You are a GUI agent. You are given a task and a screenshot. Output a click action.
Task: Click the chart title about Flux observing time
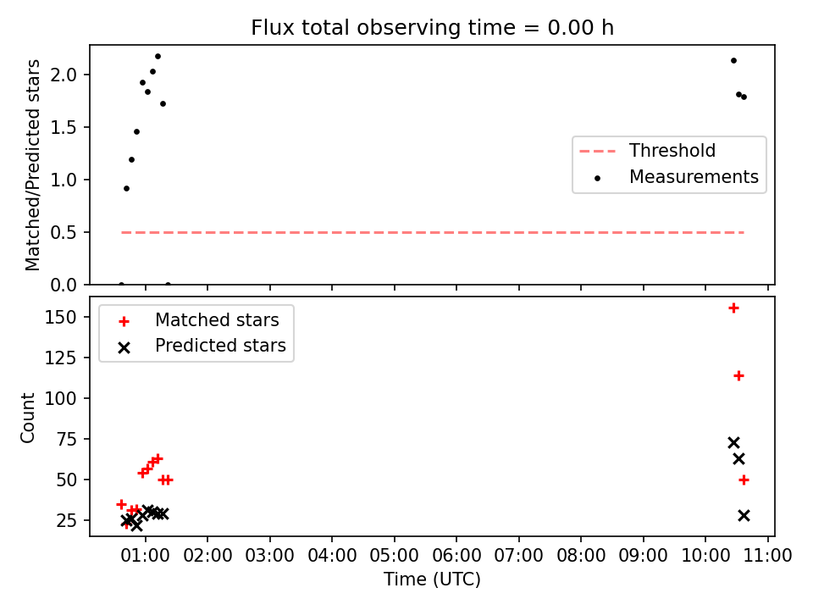coord(432,27)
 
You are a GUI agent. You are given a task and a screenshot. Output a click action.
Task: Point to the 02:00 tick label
coord(207,556)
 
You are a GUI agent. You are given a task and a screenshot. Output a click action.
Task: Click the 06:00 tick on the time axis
coord(456,556)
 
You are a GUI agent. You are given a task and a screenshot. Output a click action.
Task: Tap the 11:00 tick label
coord(767,556)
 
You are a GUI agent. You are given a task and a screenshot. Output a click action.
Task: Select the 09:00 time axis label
coord(643,556)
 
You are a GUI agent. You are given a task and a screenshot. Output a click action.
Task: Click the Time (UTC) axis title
coord(432,579)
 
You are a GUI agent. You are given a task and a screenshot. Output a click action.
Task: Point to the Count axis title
coord(28,418)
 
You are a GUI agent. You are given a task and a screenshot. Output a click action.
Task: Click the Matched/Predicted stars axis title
coord(33,165)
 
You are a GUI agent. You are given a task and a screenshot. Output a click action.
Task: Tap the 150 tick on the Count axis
coord(61,317)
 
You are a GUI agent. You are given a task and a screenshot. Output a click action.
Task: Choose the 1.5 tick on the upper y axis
coord(64,128)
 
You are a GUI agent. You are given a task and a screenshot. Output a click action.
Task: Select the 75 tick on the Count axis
coord(66,440)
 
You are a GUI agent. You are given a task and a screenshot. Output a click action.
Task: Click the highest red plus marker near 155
coord(733,308)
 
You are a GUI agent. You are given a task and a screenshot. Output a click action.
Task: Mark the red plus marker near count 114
coord(738,375)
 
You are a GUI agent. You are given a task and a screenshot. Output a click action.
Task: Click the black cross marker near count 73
coord(733,442)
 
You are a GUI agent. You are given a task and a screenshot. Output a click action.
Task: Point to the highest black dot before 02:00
coord(158,57)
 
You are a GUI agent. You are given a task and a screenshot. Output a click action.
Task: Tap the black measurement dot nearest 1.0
coord(126,188)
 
